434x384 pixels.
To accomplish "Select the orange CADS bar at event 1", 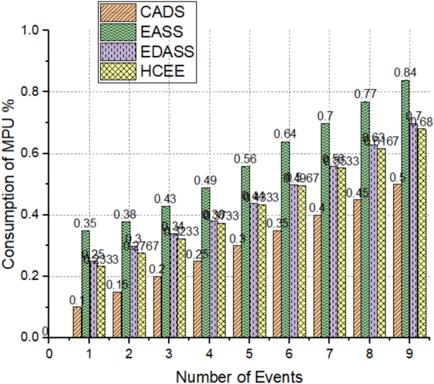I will [77, 322].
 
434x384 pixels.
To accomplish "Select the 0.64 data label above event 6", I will [284, 134].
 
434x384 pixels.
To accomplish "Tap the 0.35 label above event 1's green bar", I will [85, 223].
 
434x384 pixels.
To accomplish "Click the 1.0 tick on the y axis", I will [30, 30].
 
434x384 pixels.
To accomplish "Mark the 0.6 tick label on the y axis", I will [30, 154].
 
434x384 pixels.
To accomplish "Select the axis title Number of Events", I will [239, 375].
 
